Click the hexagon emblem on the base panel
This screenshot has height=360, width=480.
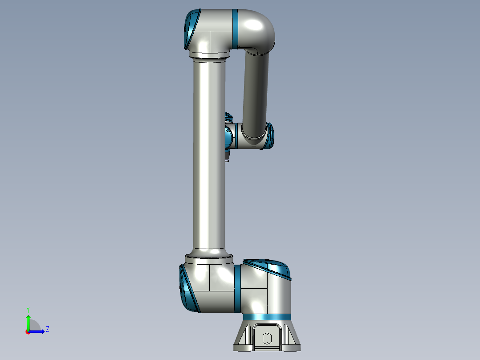(267, 338)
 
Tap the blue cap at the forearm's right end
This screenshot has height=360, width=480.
(270, 135)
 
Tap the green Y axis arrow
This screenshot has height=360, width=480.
(28, 321)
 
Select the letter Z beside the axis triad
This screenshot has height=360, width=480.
(47, 329)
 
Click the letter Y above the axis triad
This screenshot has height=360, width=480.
(28, 309)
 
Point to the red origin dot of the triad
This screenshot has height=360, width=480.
(28, 332)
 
